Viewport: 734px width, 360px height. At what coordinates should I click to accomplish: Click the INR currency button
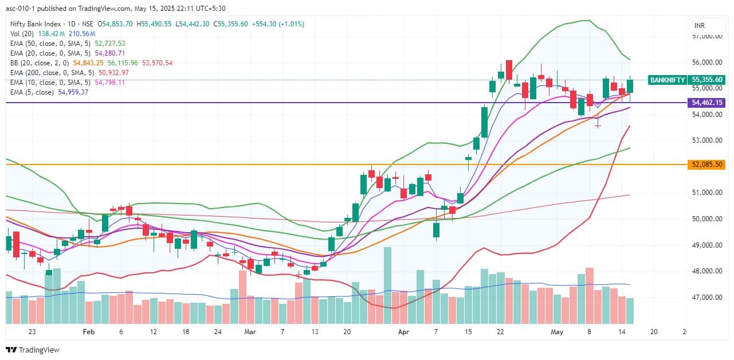(699, 26)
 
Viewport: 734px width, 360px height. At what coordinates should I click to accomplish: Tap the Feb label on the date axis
(88, 331)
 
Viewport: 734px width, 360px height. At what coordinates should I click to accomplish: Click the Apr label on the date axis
(404, 331)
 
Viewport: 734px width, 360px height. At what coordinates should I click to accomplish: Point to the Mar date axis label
(250, 331)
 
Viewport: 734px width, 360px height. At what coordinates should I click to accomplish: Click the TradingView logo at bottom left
(33, 350)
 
